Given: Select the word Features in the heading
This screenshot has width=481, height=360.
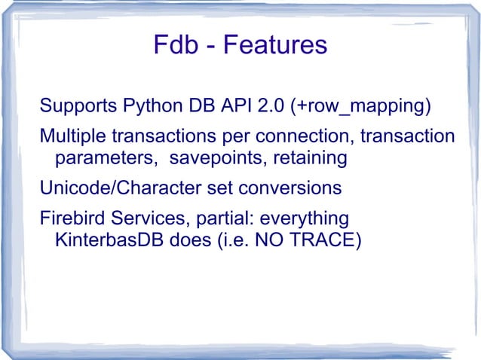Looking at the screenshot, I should coord(276,45).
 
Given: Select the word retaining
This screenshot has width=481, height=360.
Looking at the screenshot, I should coord(309,160).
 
